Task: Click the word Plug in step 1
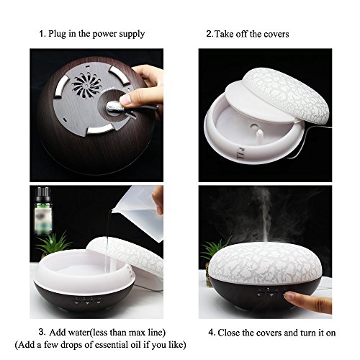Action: point(57,34)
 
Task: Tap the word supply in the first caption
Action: point(132,34)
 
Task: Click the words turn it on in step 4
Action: point(318,333)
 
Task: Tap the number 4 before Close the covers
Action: point(211,333)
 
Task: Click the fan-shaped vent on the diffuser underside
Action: point(86,84)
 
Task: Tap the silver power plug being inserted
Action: point(114,106)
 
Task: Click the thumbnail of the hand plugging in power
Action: point(96,115)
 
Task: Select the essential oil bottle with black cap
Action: point(43,211)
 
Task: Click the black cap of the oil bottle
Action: point(43,194)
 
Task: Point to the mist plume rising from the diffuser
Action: point(264,216)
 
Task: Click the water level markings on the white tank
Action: point(241,153)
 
